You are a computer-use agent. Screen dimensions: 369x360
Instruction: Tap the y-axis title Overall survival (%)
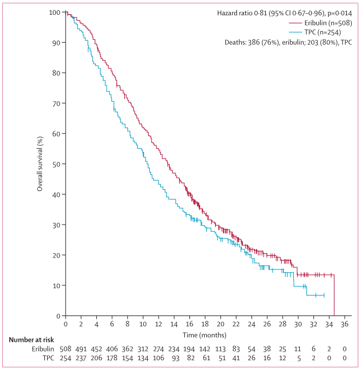(x=40, y=164)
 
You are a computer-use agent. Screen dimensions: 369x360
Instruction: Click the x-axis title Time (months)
(x=205, y=335)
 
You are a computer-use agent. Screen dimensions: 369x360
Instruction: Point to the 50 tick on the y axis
(x=57, y=164)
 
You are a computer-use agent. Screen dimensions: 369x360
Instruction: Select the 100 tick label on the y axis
(x=55, y=12)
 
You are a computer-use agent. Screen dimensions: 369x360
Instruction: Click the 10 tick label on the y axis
(x=57, y=285)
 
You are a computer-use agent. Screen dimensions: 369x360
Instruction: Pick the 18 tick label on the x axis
(x=205, y=324)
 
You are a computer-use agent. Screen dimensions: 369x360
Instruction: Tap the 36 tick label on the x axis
(x=345, y=324)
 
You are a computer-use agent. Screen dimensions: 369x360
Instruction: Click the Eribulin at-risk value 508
(x=66, y=348)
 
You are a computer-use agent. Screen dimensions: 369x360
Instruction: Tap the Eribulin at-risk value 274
(x=159, y=348)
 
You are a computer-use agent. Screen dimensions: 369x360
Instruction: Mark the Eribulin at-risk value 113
(x=220, y=348)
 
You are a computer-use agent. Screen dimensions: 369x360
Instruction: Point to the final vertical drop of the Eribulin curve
(x=334, y=295)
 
